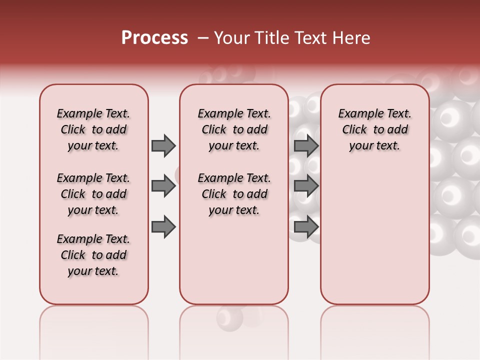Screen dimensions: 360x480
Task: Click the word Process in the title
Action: coord(154,38)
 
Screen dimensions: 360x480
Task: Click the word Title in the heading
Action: coord(267,38)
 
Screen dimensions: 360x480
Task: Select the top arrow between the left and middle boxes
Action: coord(163,145)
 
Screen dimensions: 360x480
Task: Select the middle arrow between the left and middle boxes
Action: coord(163,186)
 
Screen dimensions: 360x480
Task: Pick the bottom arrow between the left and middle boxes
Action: coord(163,227)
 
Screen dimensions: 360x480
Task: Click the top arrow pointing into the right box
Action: coord(306,145)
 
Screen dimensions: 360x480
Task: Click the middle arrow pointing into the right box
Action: coord(306,186)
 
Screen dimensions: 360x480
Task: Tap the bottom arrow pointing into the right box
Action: coord(306,227)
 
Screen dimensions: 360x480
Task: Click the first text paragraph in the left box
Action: coord(93,129)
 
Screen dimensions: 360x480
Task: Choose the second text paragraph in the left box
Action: coord(93,194)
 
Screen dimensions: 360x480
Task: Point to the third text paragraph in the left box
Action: coord(93,255)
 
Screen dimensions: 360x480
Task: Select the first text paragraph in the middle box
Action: coord(234,129)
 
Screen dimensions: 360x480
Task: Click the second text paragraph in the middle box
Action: coord(234,194)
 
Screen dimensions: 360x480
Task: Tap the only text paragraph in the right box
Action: coord(374,129)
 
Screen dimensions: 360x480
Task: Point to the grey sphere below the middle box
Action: coord(229,317)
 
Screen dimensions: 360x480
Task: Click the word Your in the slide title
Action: coord(231,38)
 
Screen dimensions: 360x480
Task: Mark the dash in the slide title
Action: coord(203,38)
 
